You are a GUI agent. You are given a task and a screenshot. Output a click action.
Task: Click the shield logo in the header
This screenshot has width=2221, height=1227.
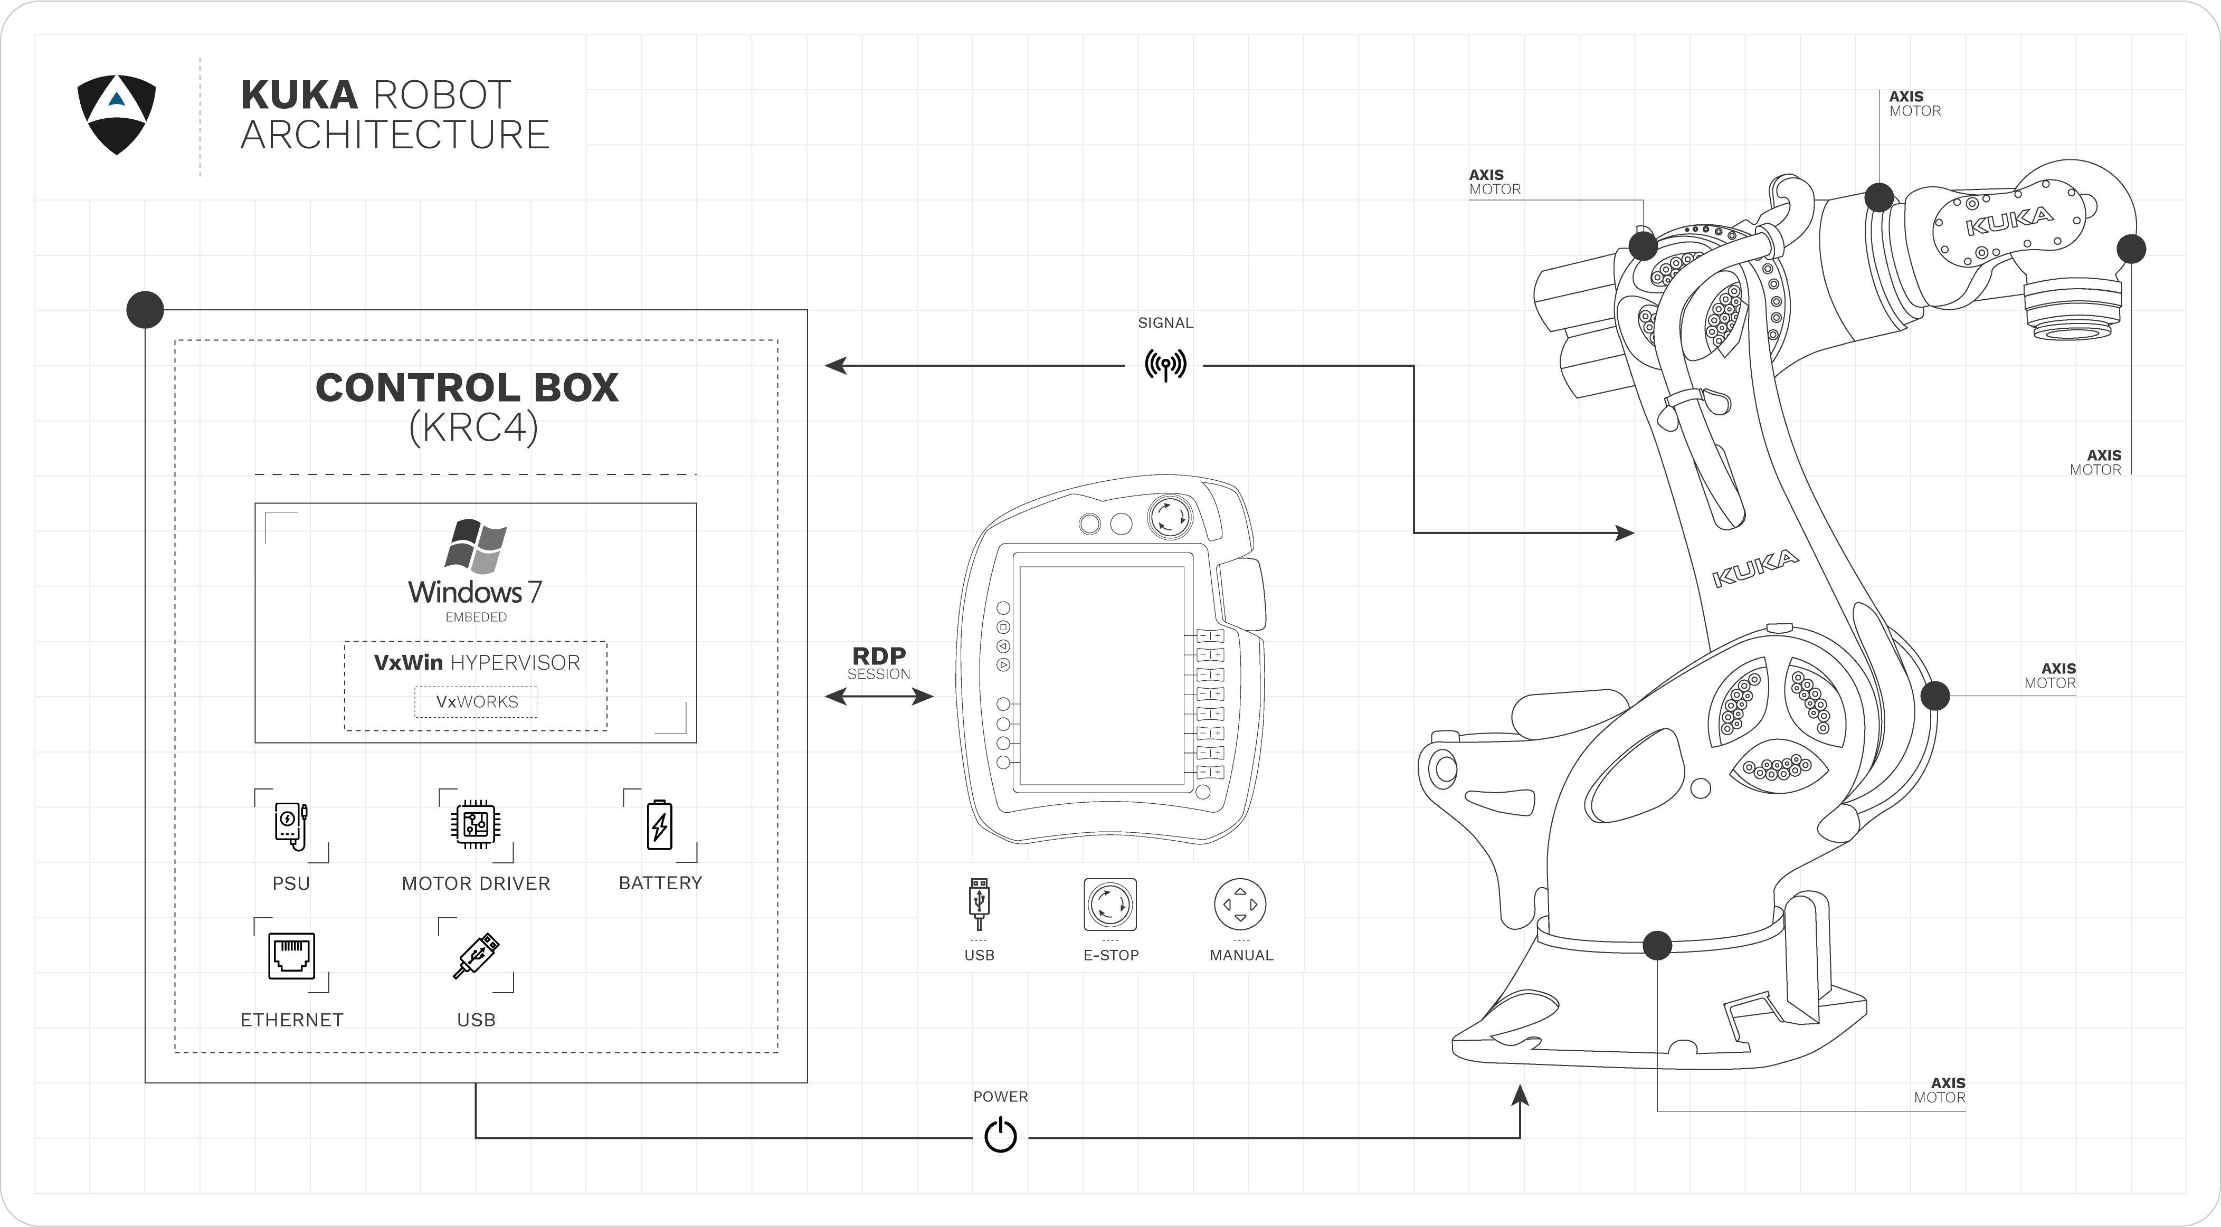click(x=117, y=114)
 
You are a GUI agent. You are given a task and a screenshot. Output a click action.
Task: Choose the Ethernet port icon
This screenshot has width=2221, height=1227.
click(x=291, y=955)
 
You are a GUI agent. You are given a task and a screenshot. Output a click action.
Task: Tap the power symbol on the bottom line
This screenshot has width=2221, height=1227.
click(x=1000, y=1136)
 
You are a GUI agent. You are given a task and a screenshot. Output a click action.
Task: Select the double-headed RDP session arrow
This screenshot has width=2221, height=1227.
click(x=879, y=696)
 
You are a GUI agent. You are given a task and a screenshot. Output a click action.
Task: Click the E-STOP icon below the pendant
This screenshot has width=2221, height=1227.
click(x=1110, y=905)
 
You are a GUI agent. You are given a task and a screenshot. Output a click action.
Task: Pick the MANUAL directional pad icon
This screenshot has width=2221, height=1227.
click(x=1240, y=905)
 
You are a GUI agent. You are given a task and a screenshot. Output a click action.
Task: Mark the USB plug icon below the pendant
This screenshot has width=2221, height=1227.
click(x=979, y=903)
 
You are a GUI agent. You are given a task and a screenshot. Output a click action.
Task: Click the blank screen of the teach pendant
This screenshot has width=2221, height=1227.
click(x=1102, y=675)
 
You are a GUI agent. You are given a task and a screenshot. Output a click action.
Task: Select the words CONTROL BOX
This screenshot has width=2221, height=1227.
click(x=467, y=388)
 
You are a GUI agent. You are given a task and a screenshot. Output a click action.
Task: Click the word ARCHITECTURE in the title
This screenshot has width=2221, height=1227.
click(x=395, y=136)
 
